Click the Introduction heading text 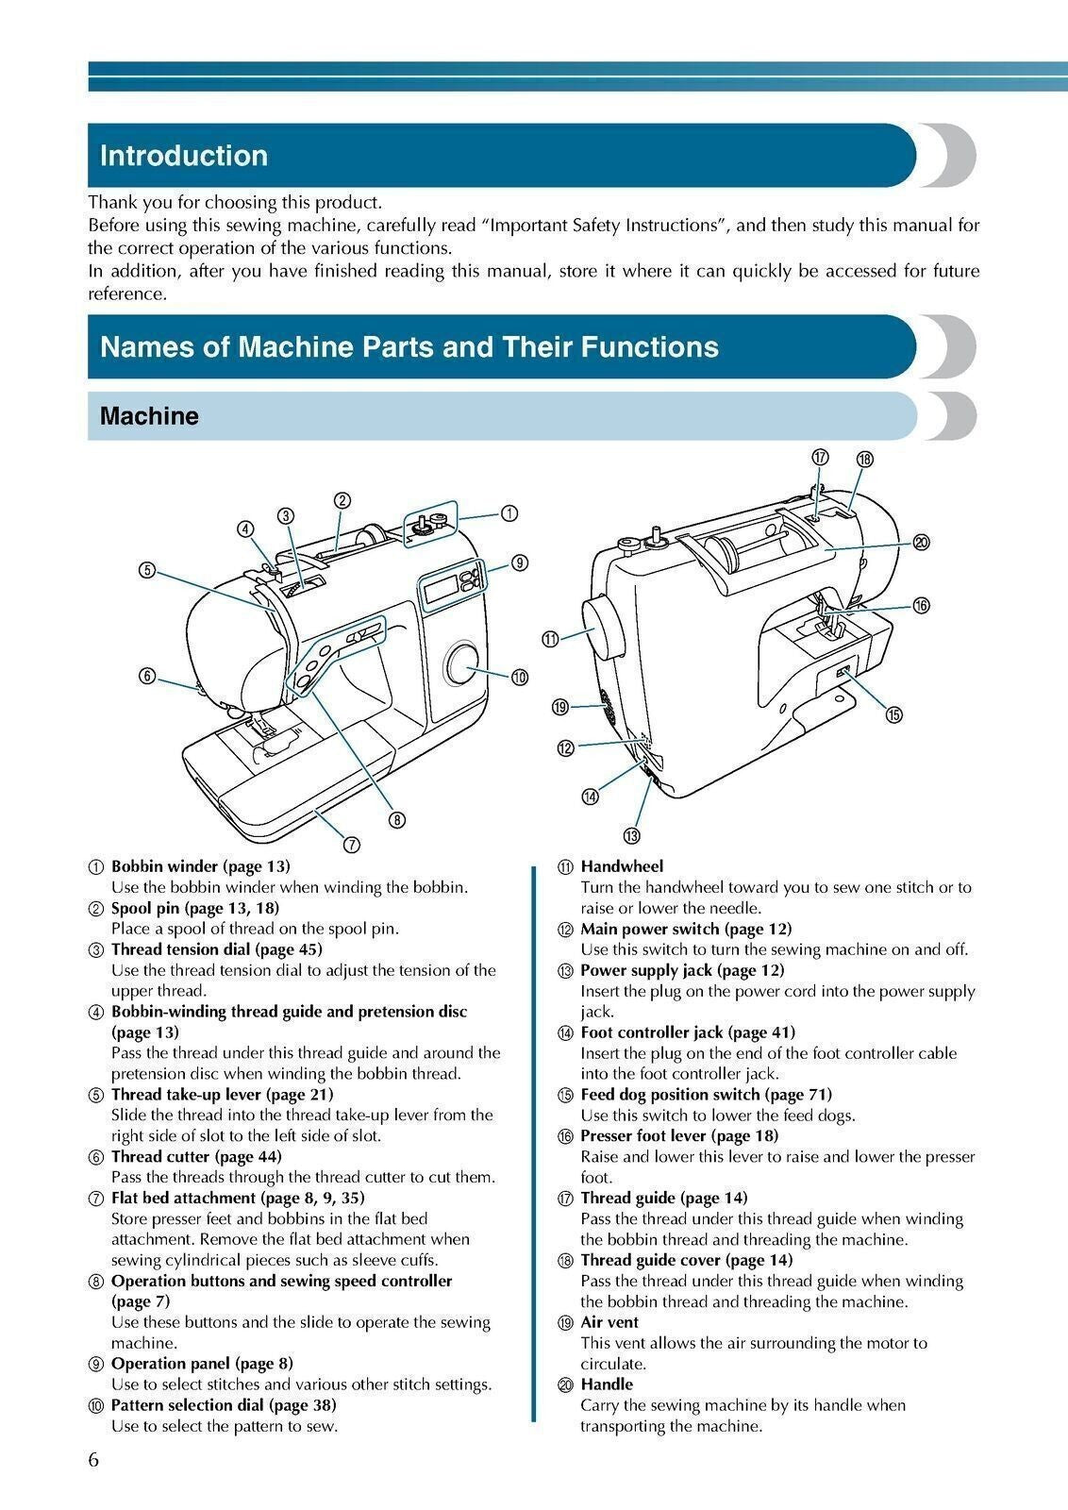184,156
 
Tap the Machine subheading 149,416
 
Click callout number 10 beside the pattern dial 519,677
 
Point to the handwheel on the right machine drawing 605,629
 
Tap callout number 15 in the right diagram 893,714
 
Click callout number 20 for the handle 921,542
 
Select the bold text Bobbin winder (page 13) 200,865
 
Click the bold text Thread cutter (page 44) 196,1156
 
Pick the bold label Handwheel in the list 622,865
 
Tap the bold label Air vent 609,1322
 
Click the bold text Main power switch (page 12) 686,929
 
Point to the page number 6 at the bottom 93,1460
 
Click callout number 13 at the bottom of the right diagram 630,835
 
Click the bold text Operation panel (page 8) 202,1364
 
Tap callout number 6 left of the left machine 147,676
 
